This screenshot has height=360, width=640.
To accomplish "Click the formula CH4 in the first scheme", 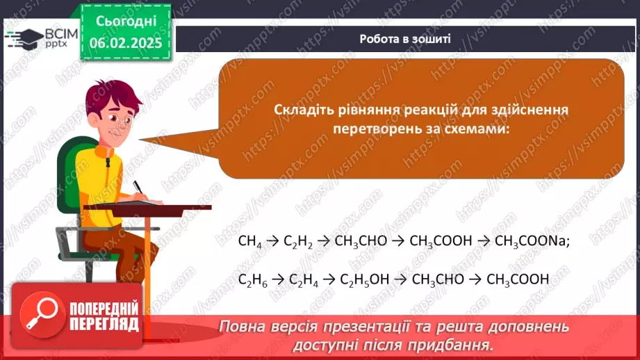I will click(249, 242).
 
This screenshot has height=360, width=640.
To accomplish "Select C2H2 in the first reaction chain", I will click(300, 242).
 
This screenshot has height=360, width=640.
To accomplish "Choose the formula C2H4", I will click(305, 280).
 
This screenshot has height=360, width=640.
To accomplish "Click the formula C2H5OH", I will click(365, 280).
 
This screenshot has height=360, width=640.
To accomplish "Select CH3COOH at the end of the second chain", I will click(518, 280).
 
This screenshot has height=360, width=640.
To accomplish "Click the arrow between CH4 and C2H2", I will click(272, 242).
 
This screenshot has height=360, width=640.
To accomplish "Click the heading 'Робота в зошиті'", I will click(405, 39).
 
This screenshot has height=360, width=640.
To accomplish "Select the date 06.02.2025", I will click(126, 42).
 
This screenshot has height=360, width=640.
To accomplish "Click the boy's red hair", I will click(108, 97).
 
